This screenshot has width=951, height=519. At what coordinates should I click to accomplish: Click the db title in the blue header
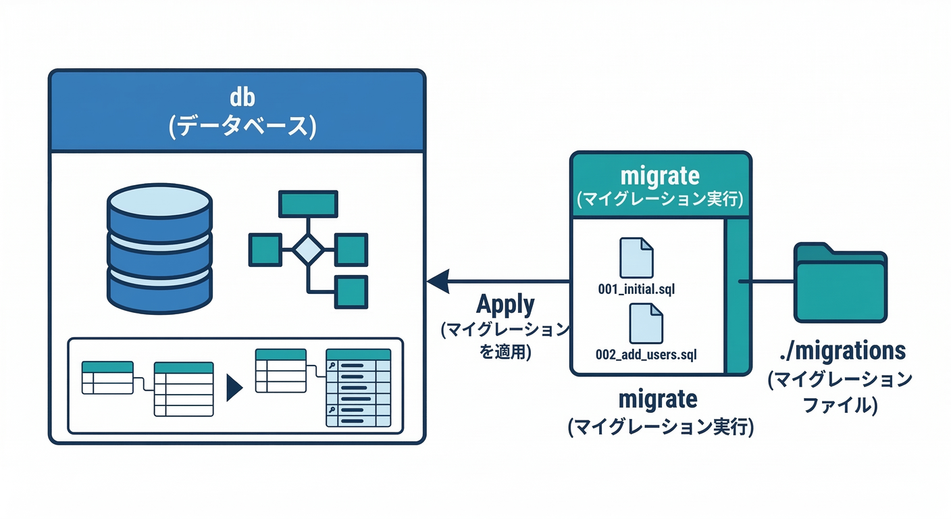242,98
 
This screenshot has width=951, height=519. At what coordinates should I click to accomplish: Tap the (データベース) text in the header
242,127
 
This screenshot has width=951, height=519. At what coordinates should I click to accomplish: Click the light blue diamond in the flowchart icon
308,250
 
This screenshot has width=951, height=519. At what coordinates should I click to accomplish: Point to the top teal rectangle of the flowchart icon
308,203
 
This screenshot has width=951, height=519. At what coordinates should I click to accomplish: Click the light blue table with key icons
358,388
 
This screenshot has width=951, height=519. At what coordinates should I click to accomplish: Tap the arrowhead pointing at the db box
438,280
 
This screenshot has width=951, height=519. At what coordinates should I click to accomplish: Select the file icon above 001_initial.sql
636,257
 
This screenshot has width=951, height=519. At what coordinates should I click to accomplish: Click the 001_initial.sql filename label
636,290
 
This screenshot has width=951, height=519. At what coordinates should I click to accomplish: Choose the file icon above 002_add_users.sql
646,323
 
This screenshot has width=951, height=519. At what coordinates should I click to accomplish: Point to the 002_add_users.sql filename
646,353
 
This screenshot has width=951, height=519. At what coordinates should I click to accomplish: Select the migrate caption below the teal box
660,399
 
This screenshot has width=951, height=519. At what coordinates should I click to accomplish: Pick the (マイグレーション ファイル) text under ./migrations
840,392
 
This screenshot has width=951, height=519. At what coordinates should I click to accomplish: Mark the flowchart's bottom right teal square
351,292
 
